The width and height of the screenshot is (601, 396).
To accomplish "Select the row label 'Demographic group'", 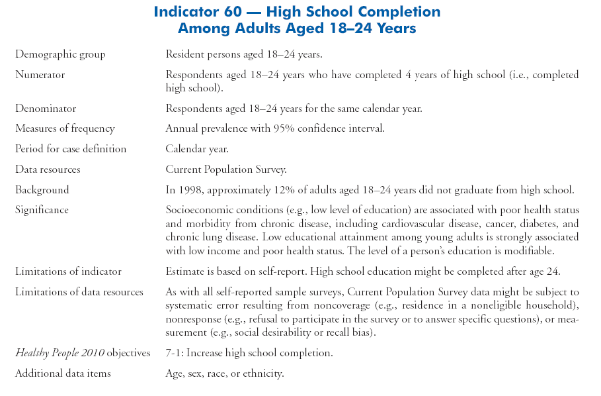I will pyautogui.click(x=60, y=54).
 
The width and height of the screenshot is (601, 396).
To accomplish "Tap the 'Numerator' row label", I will pyautogui.click(x=40, y=75).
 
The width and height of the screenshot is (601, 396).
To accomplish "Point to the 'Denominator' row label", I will pyautogui.click(x=46, y=108).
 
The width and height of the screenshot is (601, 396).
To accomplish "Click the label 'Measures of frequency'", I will pyautogui.click(x=65, y=128).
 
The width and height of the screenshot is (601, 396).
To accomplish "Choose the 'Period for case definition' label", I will pyautogui.click(x=71, y=149).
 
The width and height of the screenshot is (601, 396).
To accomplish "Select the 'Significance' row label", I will pyautogui.click(x=42, y=210).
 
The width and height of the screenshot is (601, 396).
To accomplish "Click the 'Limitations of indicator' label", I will pyautogui.click(x=68, y=272).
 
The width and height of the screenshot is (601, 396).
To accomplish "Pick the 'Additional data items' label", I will pyautogui.click(x=63, y=373).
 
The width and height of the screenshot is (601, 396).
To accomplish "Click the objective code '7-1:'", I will pyautogui.click(x=175, y=354).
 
